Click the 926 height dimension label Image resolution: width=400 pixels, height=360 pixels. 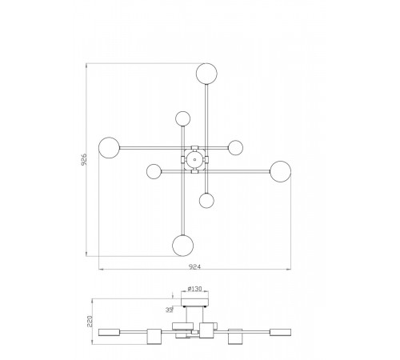pyautogui.click(x=83, y=159)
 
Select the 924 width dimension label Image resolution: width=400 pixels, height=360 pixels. pyautogui.click(x=194, y=266)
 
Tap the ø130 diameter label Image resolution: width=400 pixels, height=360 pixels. pyautogui.click(x=194, y=289)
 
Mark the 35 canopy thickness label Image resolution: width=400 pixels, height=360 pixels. pyautogui.click(x=169, y=310)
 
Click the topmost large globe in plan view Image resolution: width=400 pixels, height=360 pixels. pyautogui.click(x=206, y=74)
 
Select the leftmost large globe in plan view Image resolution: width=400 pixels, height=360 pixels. pyautogui.click(x=109, y=148)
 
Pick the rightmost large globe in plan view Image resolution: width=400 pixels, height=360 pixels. pyautogui.click(x=281, y=171)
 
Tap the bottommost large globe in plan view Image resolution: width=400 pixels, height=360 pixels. pyautogui.click(x=183, y=246)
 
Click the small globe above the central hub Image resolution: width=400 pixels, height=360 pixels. pyautogui.click(x=183, y=118)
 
